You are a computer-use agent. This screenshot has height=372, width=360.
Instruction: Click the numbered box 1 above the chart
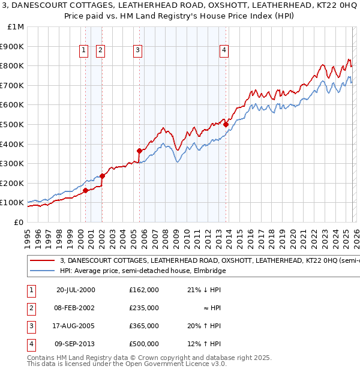tap(83, 50)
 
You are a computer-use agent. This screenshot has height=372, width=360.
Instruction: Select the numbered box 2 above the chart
tap(100, 50)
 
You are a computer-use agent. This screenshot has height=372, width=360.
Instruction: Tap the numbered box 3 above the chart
tap(138, 50)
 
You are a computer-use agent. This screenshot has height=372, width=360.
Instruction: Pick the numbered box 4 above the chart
tap(224, 50)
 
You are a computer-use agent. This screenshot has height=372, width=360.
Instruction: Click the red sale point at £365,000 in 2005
tap(139, 151)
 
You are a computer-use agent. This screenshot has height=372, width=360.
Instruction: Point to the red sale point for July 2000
tap(85, 190)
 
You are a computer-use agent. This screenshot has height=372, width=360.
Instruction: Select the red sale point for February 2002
tap(102, 176)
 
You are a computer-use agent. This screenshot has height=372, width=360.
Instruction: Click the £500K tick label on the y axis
tap(12, 124)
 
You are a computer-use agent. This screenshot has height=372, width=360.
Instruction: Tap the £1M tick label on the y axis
tap(14, 27)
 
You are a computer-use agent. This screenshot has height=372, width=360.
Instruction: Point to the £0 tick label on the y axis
tap(18, 222)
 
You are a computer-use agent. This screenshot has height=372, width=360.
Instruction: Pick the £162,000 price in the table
tap(144, 290)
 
